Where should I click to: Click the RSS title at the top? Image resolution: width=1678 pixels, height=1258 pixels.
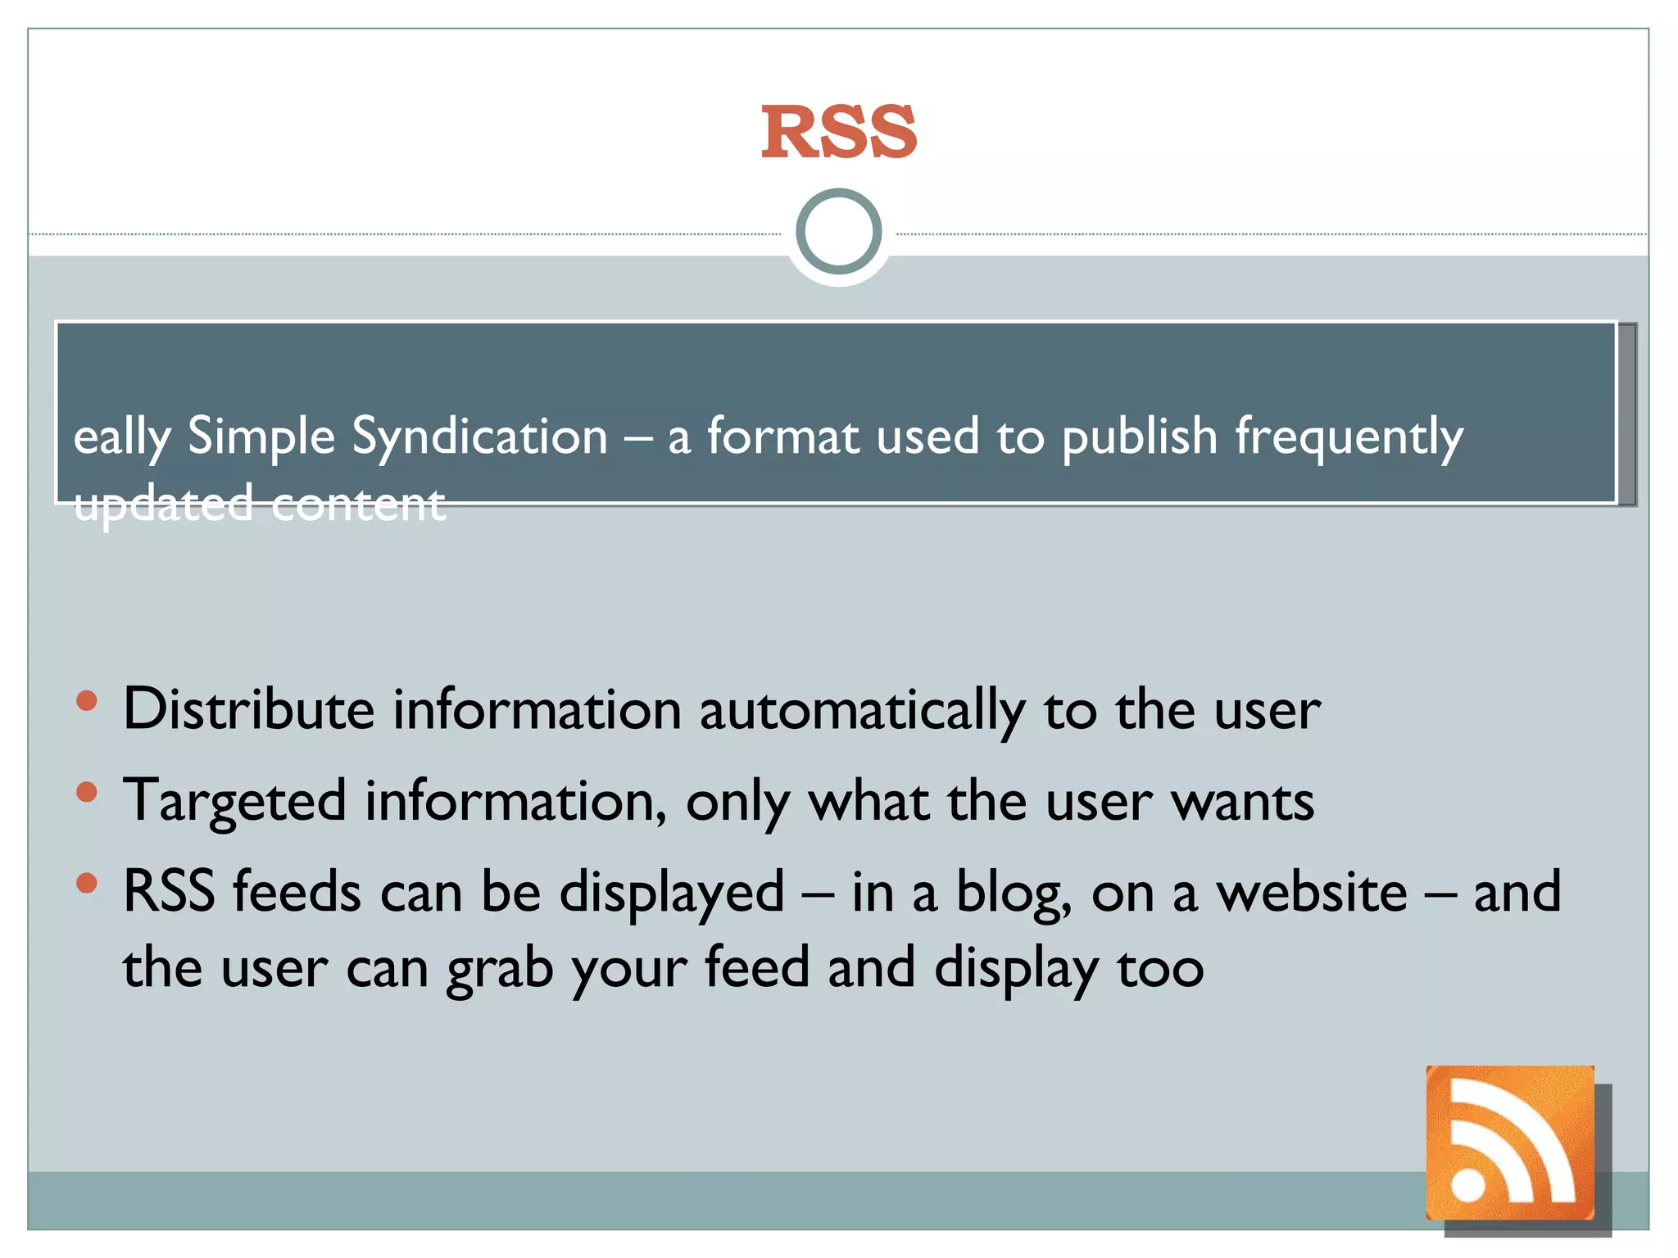pos(838,133)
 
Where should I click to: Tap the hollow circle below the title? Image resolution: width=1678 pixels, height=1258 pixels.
pos(838,232)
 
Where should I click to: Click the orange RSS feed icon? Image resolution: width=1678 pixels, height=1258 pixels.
pos(1509,1142)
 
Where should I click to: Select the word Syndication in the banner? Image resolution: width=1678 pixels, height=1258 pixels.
pos(479,436)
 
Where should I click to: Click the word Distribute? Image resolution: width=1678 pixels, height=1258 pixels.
pos(248,709)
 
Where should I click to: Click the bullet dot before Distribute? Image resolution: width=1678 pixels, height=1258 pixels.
pos(87,701)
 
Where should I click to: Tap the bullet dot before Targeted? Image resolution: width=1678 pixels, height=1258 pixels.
pos(87,792)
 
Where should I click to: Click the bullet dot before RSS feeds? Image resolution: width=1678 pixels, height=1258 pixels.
pos(87,884)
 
